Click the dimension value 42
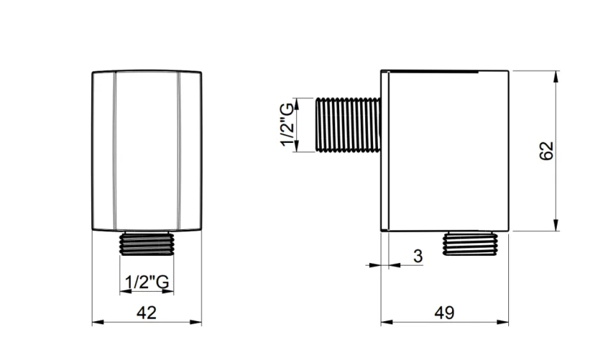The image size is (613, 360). [146, 312]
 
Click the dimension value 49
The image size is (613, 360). [444, 312]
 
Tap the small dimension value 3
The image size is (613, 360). [418, 257]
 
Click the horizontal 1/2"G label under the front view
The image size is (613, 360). [146, 281]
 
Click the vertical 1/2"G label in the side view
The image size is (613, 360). [289, 125]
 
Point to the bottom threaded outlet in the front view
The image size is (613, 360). [146, 243]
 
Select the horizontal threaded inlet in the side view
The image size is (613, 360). [349, 125]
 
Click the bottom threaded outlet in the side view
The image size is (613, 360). [471, 243]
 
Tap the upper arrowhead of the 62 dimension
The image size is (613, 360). [557, 75]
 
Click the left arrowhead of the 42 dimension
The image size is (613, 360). [97, 322]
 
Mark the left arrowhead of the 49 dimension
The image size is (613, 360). [386, 322]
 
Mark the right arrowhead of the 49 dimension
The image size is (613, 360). [504, 322]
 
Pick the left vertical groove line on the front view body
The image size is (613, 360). [115, 150]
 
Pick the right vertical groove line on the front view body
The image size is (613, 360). [178, 150]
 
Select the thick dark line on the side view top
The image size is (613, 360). [434, 70]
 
